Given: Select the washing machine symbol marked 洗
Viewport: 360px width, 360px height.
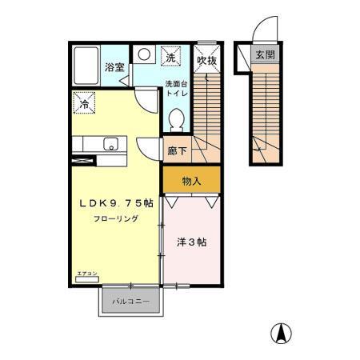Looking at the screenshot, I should pyautogui.click(x=171, y=58).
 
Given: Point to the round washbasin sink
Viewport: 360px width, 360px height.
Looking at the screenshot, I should pyautogui.click(x=145, y=55).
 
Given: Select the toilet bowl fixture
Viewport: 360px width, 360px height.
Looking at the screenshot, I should pyautogui.click(x=177, y=120).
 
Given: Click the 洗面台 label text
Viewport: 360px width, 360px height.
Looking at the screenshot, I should pyautogui.click(x=176, y=84).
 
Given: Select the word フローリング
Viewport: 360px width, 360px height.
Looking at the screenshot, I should pyautogui.click(x=117, y=218).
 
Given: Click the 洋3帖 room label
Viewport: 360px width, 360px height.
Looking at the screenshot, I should pyautogui.click(x=190, y=242).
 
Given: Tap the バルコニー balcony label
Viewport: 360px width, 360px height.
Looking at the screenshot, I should pyautogui.click(x=132, y=302).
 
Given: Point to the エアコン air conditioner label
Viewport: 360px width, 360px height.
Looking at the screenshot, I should pyautogui.click(x=86, y=274).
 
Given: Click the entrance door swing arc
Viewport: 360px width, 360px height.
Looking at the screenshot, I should pyautogui.click(x=264, y=33).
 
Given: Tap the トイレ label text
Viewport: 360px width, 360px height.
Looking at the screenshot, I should pyautogui.click(x=176, y=94).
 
